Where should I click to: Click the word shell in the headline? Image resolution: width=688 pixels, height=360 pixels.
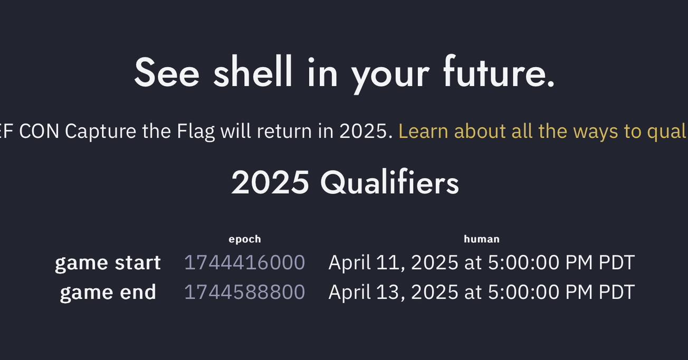click(253, 72)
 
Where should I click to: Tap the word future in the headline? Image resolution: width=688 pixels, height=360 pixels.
click(498, 72)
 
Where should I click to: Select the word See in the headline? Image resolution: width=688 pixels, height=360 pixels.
click(167, 72)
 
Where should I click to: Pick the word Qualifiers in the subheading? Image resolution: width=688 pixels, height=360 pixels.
click(389, 182)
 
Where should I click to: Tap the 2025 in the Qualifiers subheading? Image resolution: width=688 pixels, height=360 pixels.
click(270, 182)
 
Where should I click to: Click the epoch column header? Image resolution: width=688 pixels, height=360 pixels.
click(245, 239)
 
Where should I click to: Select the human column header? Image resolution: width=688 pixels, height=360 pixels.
click(482, 239)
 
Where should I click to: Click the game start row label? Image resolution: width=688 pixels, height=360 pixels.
click(108, 263)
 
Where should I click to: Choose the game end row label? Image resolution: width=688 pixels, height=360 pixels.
click(108, 292)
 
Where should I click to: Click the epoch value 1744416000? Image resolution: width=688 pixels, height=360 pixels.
click(244, 263)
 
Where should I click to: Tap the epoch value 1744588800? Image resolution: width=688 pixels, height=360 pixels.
click(244, 292)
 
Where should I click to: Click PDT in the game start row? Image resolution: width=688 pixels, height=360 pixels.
click(617, 263)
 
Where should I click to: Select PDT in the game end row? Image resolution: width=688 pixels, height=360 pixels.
click(617, 292)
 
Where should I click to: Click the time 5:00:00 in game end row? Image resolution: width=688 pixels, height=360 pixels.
click(524, 292)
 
